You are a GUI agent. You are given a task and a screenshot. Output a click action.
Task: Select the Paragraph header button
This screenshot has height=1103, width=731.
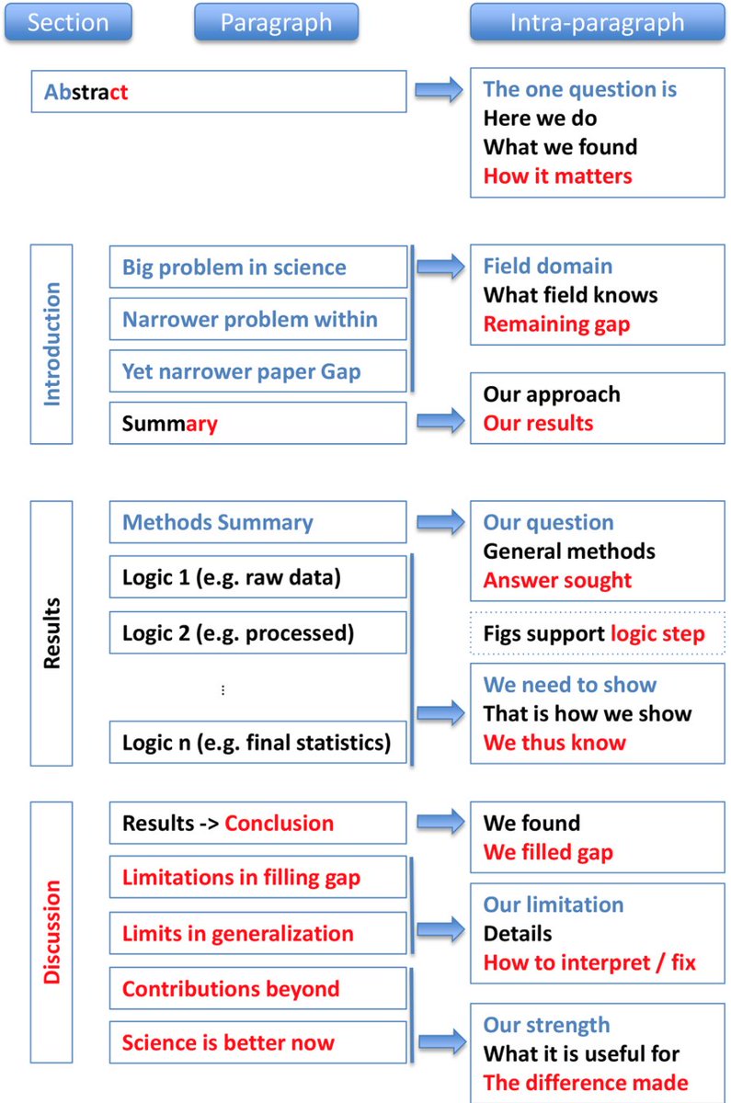point(276,22)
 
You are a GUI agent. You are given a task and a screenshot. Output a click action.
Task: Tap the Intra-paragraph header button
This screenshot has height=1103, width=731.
point(598,22)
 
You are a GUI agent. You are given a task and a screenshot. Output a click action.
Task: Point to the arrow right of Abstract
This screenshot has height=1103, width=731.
point(439,91)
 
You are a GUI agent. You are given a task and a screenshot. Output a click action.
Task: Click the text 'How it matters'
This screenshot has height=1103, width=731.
point(558,176)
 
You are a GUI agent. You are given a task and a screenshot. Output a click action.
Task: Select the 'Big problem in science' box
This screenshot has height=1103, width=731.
point(257,267)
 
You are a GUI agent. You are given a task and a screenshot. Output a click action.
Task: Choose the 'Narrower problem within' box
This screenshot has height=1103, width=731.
point(257,320)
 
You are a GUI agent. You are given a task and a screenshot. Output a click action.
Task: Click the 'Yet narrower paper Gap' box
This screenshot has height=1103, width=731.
point(257,372)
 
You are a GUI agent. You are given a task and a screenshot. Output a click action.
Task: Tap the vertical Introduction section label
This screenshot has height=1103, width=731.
point(52,344)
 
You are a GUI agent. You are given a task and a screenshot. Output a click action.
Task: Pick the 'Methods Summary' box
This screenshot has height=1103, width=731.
point(257,523)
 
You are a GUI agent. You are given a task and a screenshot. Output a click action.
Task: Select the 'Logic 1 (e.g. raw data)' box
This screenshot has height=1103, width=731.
point(257,577)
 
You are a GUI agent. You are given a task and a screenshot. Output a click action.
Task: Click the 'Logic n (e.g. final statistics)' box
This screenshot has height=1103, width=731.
point(257,743)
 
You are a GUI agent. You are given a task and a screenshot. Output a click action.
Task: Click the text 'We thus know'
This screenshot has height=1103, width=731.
point(554,743)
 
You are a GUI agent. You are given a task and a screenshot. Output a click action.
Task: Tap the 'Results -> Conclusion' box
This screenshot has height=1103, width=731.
point(257,823)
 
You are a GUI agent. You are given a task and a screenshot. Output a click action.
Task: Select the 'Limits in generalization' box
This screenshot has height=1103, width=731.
point(257,934)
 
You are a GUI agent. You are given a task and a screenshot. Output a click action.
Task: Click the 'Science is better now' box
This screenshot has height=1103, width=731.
point(257,1043)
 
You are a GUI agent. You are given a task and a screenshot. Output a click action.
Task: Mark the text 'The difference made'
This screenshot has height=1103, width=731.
point(586,1083)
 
